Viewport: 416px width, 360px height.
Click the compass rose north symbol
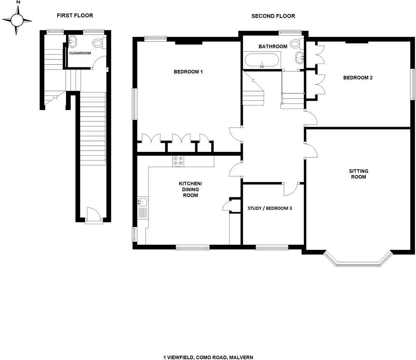pyautogui.click(x=17, y=19)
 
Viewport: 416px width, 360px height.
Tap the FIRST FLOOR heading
pyautogui.click(x=75, y=16)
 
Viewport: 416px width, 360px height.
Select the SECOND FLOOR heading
pyautogui.click(x=273, y=16)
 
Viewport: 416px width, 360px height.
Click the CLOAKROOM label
pyautogui.click(x=80, y=53)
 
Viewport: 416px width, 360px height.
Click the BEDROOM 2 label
pyautogui.click(x=358, y=78)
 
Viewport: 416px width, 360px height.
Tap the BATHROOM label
pyautogui.click(x=273, y=46)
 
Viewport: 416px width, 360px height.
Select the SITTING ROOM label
pyautogui.click(x=358, y=174)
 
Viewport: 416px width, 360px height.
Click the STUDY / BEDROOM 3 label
pyautogui.click(x=269, y=208)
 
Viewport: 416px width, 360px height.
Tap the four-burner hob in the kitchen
pyautogui.click(x=178, y=161)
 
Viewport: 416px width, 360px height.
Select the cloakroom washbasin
pyautogui.click(x=72, y=41)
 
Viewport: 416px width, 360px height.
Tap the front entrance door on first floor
pyautogui.click(x=94, y=215)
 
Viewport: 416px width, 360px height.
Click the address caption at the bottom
pyautogui.click(x=208, y=357)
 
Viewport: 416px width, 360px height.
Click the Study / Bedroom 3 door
pyautogui.click(x=291, y=188)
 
